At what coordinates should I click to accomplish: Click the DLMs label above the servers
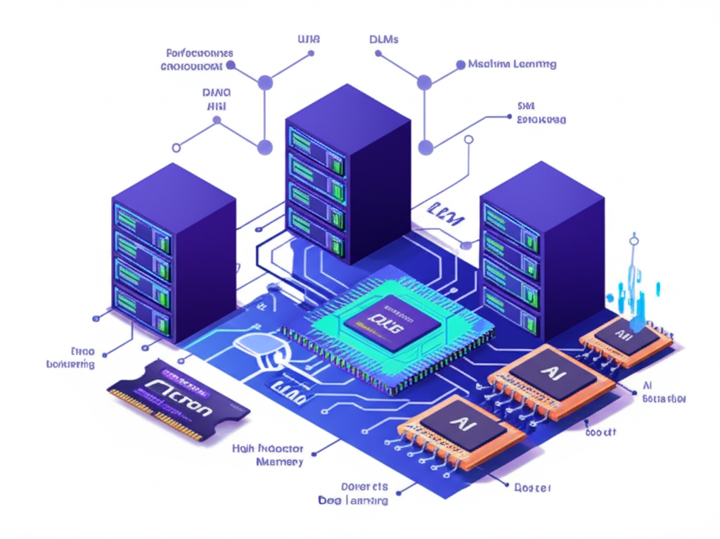click(383, 39)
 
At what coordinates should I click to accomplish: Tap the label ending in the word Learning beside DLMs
click(512, 64)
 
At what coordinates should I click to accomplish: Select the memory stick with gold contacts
click(178, 400)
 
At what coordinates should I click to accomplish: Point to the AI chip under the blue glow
click(624, 340)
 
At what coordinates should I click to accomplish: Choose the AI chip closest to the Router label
click(462, 424)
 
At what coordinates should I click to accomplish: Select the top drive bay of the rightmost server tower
click(511, 224)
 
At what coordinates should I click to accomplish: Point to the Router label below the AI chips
click(532, 488)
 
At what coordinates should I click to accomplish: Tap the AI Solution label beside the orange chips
click(664, 392)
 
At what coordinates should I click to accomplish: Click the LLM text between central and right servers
click(446, 212)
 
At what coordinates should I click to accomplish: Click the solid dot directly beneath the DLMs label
click(424, 83)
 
